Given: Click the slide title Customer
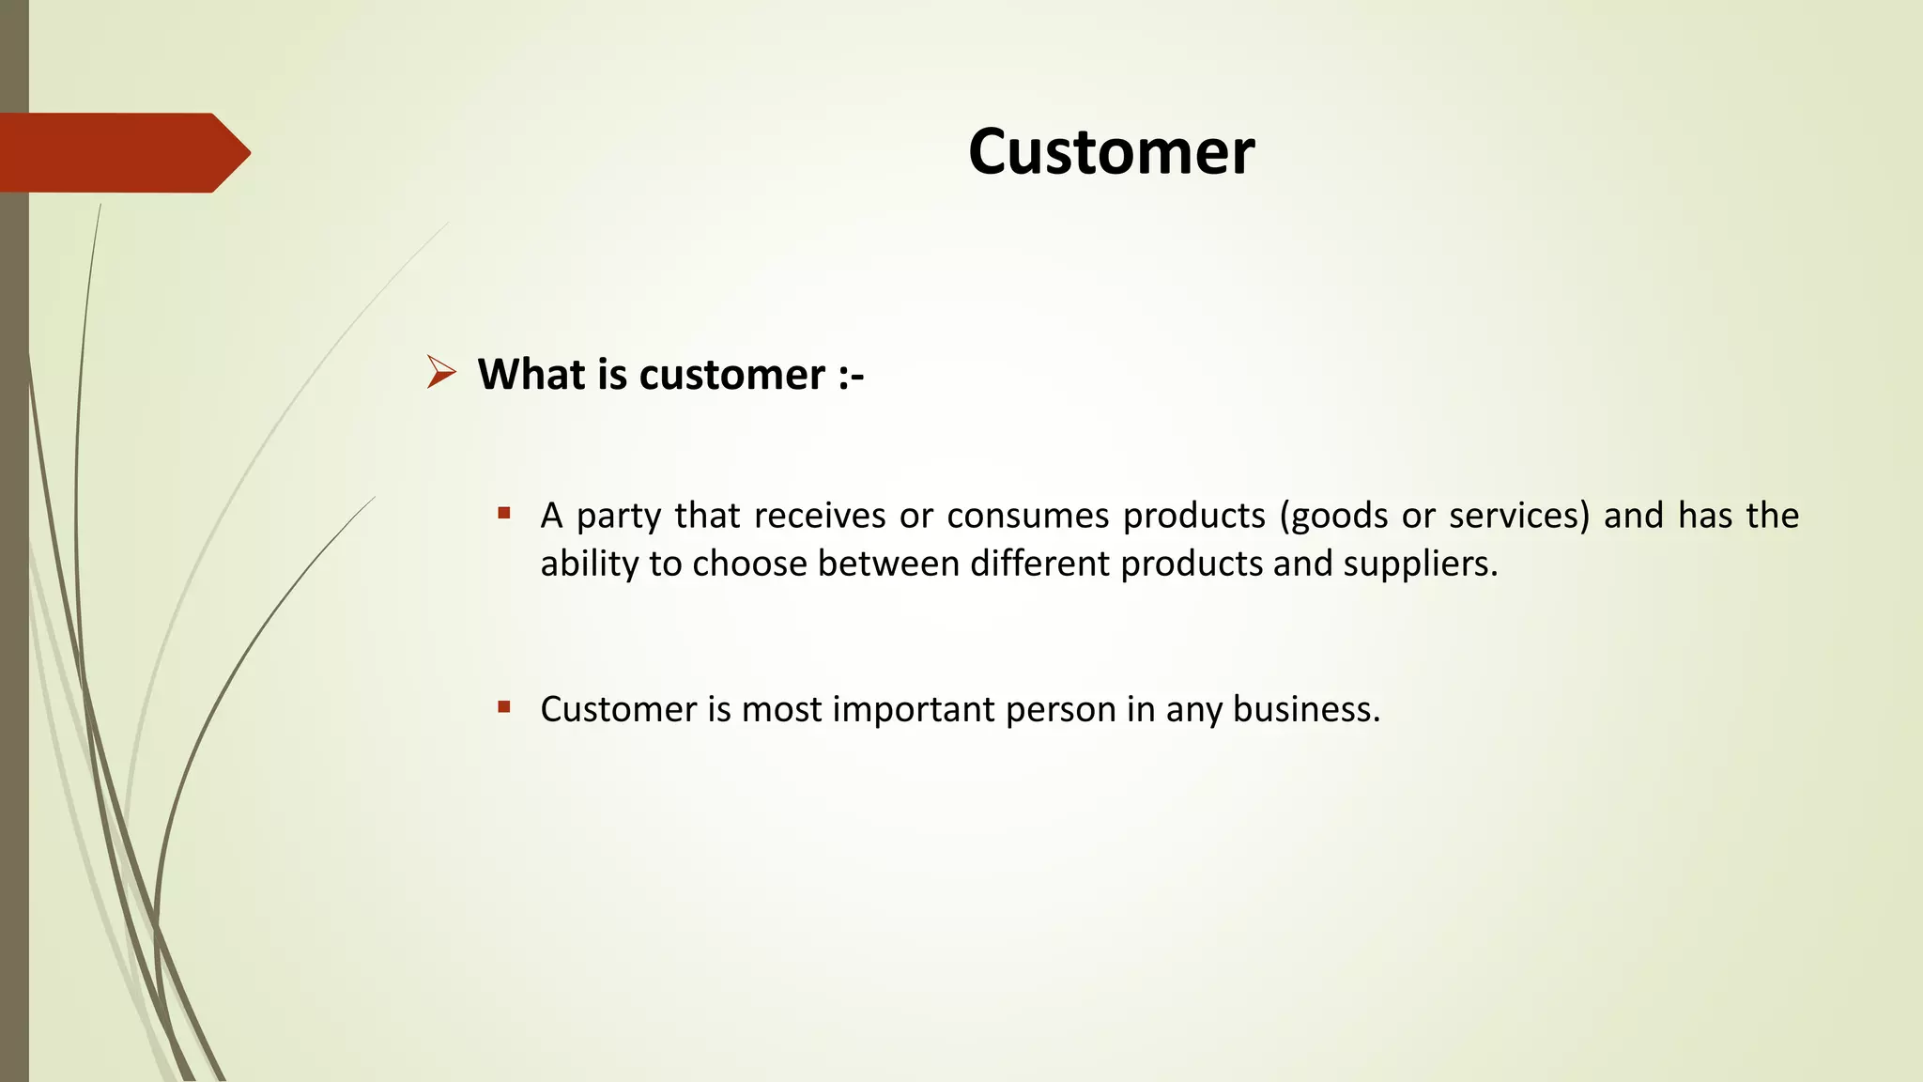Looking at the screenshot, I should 1111,152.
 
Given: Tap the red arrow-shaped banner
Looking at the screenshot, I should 122,153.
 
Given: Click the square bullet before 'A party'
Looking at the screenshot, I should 504,513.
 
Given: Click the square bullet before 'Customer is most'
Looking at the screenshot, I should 504,706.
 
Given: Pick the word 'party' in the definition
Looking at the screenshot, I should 619,517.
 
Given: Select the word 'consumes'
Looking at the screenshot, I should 1028,516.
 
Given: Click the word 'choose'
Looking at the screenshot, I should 749,564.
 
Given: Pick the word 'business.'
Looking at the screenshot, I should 1306,709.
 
